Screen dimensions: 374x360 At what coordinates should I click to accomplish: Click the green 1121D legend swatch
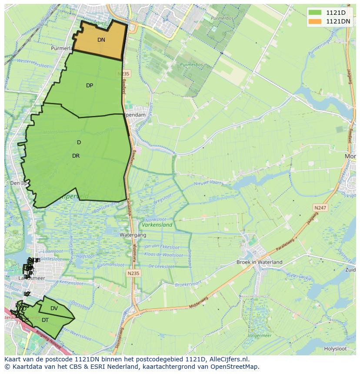316,13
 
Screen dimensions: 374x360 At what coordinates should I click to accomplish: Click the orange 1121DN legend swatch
316,21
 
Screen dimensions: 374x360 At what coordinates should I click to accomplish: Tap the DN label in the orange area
101,40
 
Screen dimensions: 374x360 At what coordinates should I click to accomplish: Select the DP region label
90,86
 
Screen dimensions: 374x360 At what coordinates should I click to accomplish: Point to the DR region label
76,156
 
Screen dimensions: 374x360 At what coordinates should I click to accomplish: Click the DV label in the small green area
54,308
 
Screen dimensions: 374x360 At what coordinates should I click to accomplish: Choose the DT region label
45,320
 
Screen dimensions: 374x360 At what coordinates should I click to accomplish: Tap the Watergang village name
119,235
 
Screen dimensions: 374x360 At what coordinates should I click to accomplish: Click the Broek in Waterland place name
259,262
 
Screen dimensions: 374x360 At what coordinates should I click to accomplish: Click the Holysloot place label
335,349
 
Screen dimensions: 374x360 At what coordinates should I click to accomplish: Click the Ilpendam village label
135,115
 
